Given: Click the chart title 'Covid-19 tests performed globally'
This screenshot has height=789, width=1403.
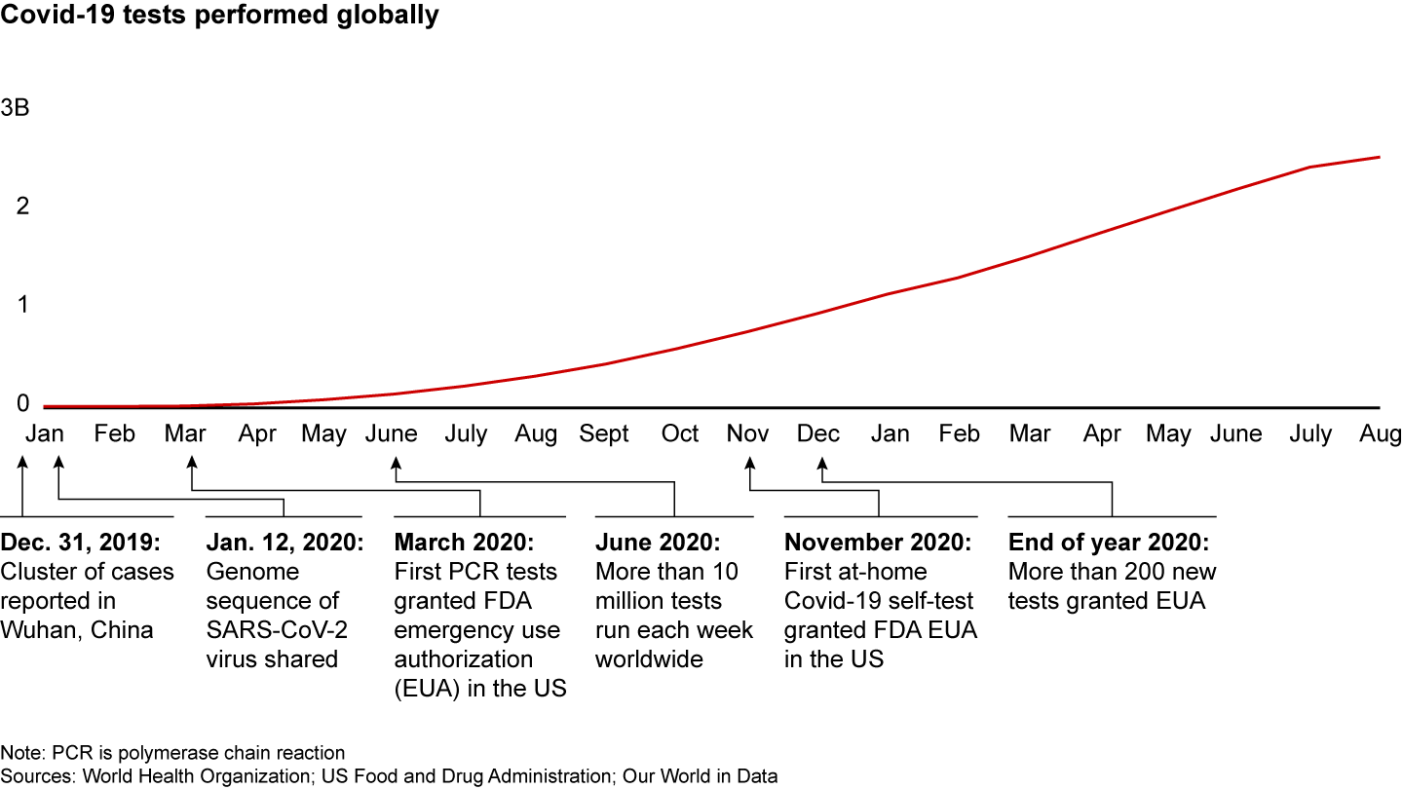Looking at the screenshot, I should coord(219,16).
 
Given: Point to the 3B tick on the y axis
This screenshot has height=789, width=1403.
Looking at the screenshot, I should coord(16,108).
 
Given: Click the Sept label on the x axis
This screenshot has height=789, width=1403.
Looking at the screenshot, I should coord(604,433).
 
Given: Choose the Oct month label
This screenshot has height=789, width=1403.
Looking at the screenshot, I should coord(680,433).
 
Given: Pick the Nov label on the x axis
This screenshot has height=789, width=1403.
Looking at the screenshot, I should coord(747,433).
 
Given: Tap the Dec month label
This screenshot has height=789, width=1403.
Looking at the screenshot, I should coord(818,433).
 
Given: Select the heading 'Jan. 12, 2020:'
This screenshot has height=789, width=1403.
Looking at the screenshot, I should coord(284,543).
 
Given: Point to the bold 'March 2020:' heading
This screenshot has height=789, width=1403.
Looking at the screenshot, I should coord(465,543).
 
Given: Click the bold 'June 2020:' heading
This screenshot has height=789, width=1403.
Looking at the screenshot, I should coord(658,543).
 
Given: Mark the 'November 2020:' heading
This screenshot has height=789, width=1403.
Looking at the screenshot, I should coord(878,543).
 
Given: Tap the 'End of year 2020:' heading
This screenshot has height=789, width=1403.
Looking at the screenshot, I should coord(1109,543).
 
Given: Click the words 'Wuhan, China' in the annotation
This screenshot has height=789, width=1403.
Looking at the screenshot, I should coord(77,630).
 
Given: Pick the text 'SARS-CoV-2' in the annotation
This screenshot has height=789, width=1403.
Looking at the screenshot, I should coord(277,630).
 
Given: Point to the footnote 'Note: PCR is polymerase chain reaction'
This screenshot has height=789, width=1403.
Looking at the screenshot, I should coord(172,753).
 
